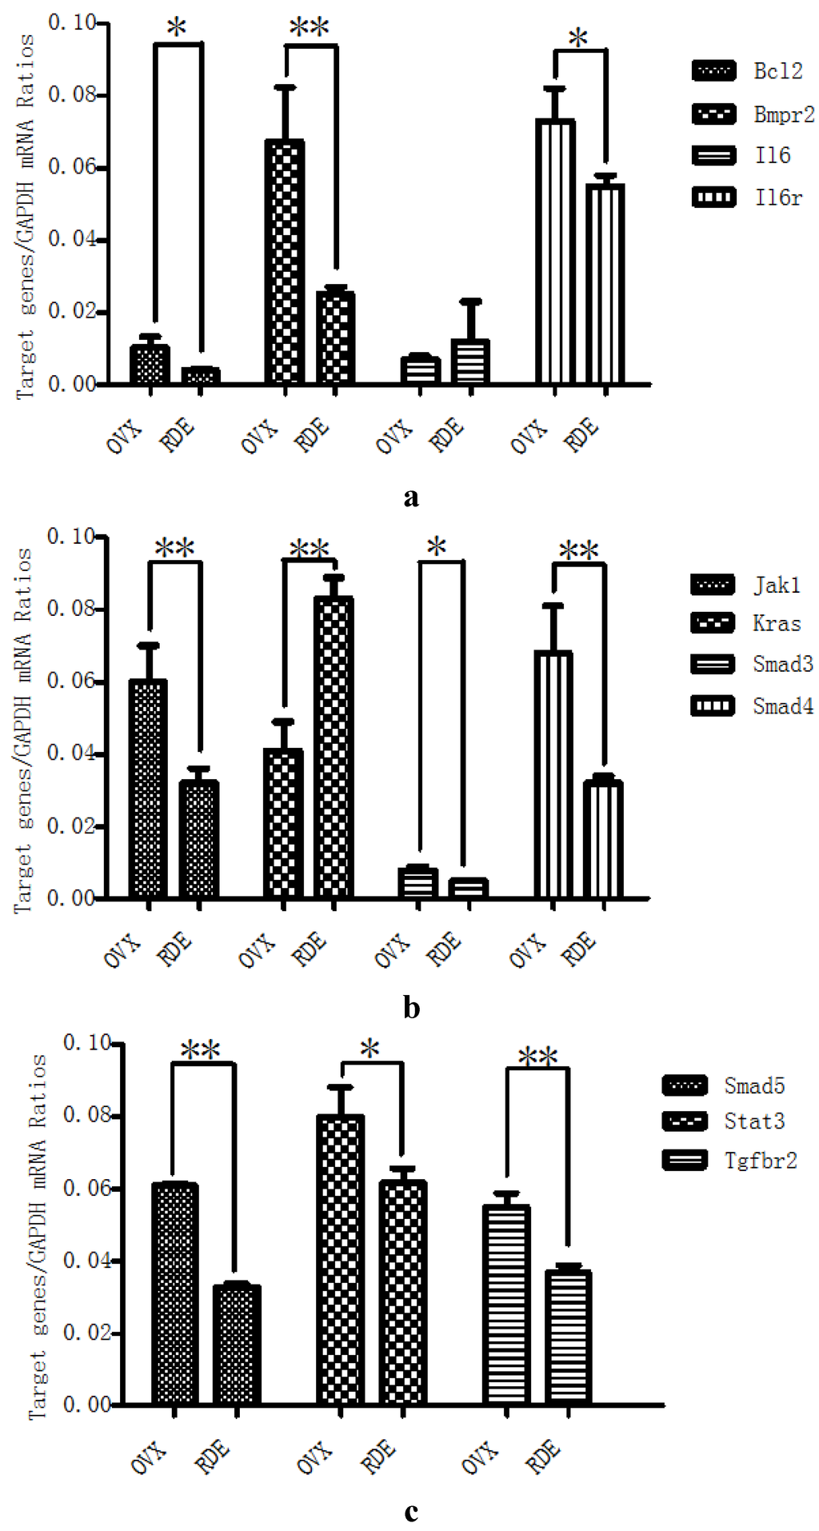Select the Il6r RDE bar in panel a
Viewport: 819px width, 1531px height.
coord(605,284)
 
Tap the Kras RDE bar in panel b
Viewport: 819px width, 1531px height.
coord(334,747)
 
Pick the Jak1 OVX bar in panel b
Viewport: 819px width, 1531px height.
coord(148,789)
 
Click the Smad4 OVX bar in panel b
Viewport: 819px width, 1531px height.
coord(553,774)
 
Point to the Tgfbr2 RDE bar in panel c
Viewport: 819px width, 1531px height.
coord(568,1337)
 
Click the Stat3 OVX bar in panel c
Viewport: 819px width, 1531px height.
coord(341,1260)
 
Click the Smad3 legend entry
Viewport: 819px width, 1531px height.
coord(752,664)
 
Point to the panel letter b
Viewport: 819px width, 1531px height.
coord(411,1008)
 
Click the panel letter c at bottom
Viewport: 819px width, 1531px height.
coord(411,1512)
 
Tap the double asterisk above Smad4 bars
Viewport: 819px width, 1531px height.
coord(578,550)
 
